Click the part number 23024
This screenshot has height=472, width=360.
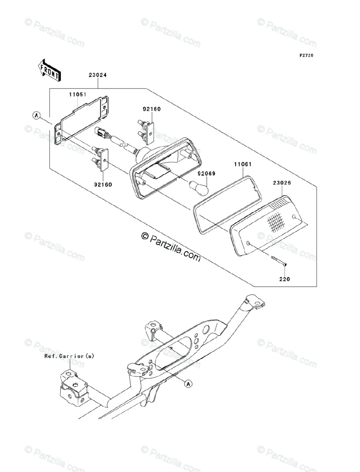[x=98, y=75]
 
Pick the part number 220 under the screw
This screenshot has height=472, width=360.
[x=285, y=279]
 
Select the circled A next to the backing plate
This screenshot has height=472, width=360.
[x=37, y=116]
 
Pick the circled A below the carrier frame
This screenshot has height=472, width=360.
[x=188, y=383]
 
